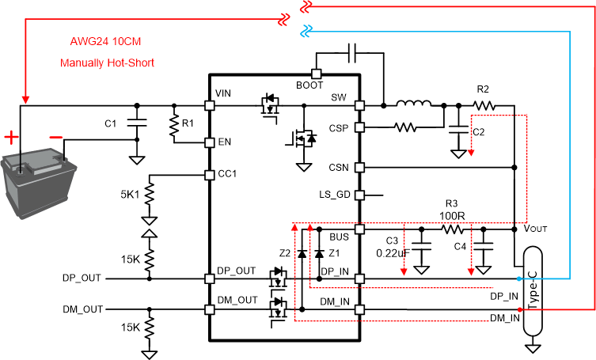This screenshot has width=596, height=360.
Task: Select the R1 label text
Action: point(188,123)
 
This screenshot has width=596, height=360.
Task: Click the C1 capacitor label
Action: point(111,123)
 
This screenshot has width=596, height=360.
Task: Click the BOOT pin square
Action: point(315,73)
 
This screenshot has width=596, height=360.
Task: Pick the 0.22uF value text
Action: point(392,253)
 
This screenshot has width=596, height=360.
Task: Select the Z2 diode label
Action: point(287,255)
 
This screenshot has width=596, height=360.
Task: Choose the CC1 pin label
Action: point(226,173)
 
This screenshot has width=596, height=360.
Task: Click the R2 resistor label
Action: point(483,89)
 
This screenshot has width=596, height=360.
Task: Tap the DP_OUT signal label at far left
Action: point(82,279)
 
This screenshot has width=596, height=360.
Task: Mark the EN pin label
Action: point(224,142)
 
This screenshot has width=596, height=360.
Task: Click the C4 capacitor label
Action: point(460,245)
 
